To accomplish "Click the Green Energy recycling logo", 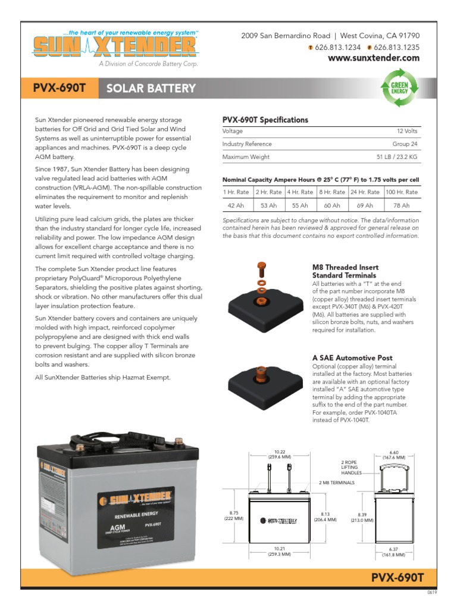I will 399,89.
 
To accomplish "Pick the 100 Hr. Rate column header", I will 401,192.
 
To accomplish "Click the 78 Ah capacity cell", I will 401,206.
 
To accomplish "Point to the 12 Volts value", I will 409,130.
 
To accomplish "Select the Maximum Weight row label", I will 246,157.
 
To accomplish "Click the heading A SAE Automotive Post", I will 352,358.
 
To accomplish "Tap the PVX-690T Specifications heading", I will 265,120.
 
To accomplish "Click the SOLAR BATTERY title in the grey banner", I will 151,89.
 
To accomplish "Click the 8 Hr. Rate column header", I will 331,192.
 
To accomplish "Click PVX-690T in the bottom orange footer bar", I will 397,577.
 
